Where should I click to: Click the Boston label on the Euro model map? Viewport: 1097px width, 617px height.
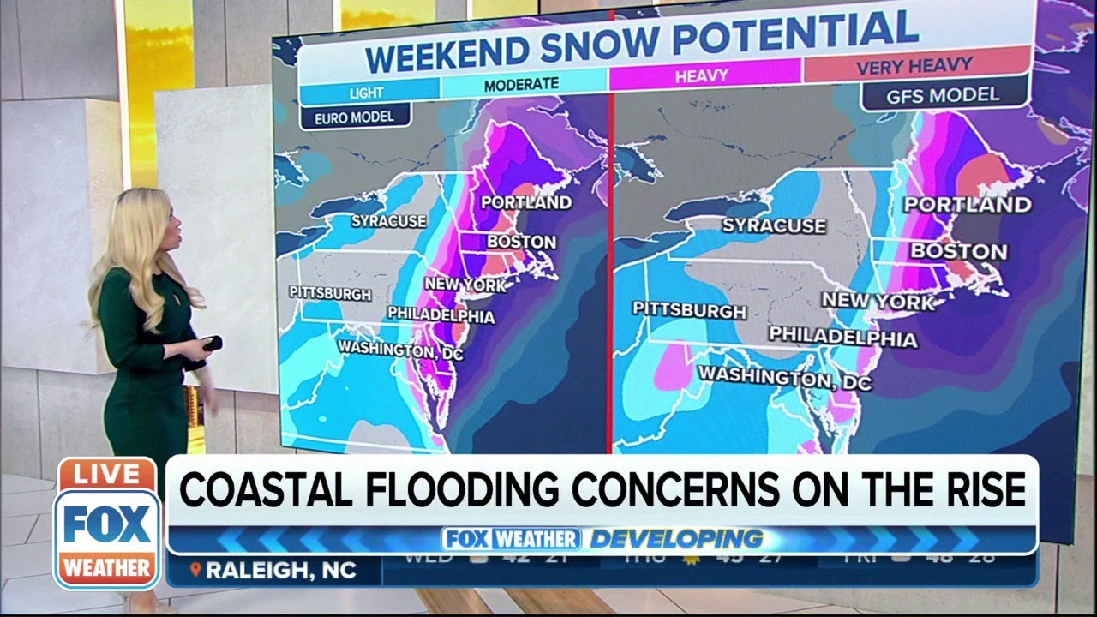point(521,242)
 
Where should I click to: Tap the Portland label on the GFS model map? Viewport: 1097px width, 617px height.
point(967,205)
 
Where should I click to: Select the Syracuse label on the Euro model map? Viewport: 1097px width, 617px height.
point(388,221)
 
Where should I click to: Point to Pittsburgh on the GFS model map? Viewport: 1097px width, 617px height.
point(689,309)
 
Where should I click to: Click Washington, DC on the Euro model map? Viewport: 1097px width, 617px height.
point(398,350)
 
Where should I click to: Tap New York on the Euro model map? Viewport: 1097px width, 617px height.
point(465,284)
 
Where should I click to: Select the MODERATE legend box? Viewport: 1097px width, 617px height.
point(521,84)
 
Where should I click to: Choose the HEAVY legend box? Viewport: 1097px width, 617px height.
point(701,76)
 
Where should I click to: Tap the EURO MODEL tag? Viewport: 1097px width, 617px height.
point(355,117)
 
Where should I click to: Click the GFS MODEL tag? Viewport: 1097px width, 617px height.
point(943,94)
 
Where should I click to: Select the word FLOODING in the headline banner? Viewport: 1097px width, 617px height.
point(453,491)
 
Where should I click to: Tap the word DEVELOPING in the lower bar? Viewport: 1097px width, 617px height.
point(675,539)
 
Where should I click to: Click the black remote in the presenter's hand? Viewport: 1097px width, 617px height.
point(210,344)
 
